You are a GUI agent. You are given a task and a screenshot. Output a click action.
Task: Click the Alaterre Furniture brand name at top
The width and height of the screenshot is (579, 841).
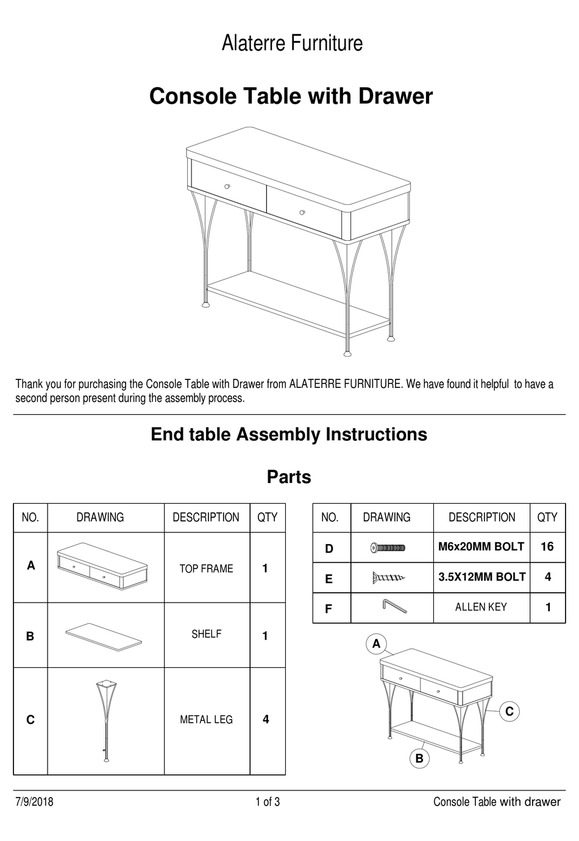point(292,43)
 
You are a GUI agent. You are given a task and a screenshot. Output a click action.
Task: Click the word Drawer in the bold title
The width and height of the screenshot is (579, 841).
point(396,96)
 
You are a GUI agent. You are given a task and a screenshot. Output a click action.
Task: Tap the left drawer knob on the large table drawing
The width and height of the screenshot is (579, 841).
point(227,187)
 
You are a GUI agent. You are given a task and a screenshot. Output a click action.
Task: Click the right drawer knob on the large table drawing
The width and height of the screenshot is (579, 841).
point(302,212)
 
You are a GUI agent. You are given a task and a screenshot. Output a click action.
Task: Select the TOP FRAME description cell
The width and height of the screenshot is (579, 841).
point(206,568)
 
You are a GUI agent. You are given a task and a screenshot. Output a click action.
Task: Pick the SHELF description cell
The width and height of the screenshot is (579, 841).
point(206,634)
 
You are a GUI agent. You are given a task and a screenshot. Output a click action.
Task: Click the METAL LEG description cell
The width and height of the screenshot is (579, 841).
point(206,720)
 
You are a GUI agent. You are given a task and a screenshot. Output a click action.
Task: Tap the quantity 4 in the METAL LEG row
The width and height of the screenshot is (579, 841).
point(266,720)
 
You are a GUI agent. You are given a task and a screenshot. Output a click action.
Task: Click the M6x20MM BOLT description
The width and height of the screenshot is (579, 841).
point(481,547)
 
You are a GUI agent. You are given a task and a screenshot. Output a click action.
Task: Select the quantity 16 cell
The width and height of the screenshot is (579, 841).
point(547,547)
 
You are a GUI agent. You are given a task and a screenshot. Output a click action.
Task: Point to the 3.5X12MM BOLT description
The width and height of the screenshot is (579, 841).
point(481,577)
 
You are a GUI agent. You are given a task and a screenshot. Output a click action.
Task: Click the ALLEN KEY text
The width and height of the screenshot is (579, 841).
point(481,607)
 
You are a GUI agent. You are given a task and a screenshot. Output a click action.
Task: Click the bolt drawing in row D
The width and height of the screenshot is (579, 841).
point(388,548)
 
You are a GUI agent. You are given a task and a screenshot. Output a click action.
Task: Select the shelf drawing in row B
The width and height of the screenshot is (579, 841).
point(104,635)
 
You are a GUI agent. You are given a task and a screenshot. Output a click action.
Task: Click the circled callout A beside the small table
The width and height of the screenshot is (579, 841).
point(376,643)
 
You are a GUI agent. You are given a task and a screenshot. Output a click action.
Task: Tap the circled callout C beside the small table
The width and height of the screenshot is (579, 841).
point(509,711)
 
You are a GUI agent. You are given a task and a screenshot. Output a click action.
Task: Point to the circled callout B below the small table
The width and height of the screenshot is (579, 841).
point(419,759)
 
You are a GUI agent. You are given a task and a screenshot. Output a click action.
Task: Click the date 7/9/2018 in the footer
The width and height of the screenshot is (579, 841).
point(34,802)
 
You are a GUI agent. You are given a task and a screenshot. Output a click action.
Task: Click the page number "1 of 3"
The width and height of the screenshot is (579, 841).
point(268,802)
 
